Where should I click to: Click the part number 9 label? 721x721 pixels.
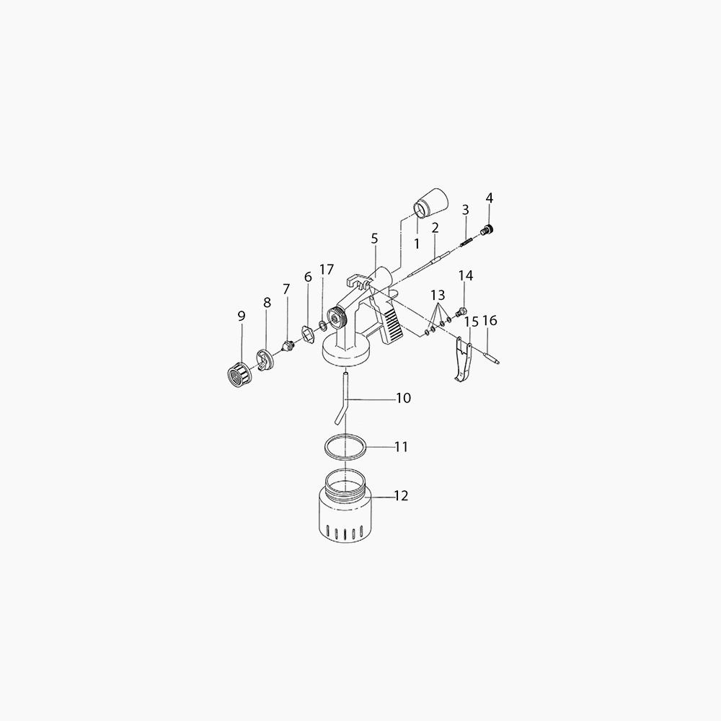[242, 316]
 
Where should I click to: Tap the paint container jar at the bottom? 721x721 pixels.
[345, 505]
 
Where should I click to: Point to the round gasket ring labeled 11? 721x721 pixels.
[345, 446]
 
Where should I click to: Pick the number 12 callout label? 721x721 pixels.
[401, 496]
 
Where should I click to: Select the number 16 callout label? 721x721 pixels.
[490, 321]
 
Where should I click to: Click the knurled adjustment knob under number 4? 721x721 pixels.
[488, 231]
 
